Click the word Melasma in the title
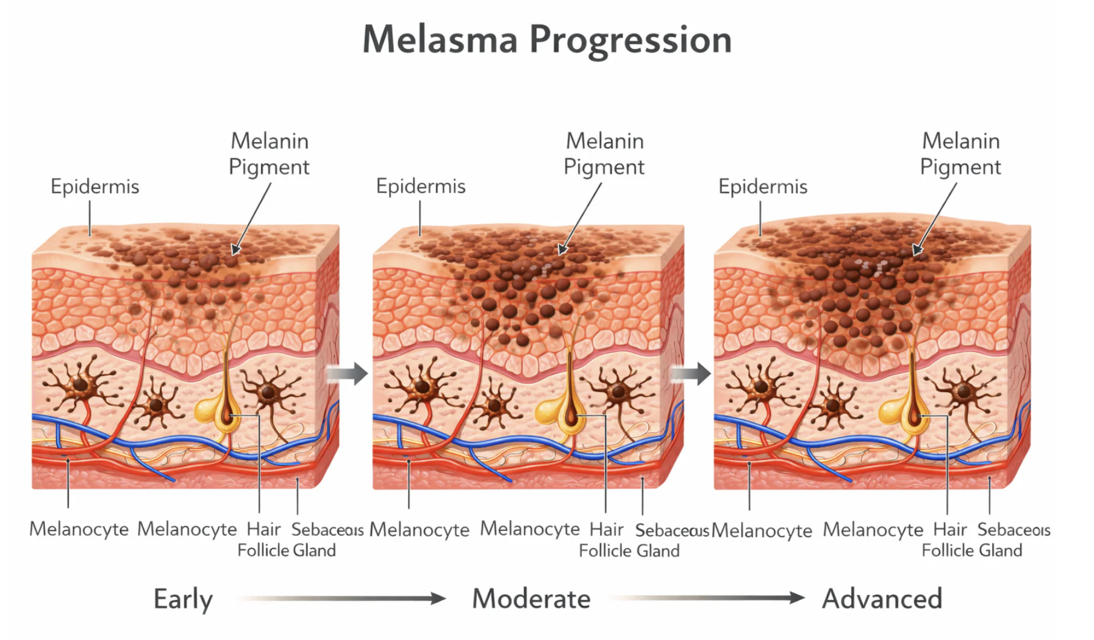click(440, 40)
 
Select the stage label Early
click(183, 599)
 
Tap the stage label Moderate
click(531, 599)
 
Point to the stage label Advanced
click(882, 599)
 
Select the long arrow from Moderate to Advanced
click(707, 599)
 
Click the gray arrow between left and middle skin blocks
click(347, 373)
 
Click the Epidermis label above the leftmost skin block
click(95, 187)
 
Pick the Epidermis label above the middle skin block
click(420, 187)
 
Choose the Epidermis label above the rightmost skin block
click(762, 187)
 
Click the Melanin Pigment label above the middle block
click(604, 154)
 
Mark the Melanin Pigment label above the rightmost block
click(960, 154)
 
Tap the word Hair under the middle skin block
click(606, 529)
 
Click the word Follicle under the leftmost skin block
click(263, 550)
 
